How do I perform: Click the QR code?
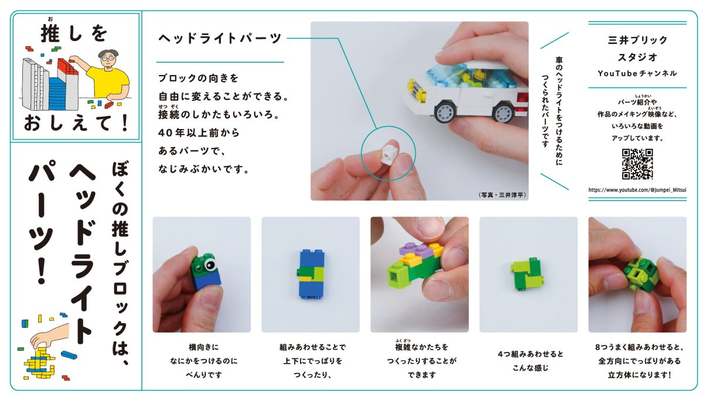point(637,164)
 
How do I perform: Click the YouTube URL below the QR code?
point(637,190)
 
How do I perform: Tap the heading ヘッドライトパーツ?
point(220,39)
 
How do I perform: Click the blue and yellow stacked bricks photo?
point(310,274)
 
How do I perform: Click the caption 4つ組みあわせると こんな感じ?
point(528,361)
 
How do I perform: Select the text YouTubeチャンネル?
point(637,73)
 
